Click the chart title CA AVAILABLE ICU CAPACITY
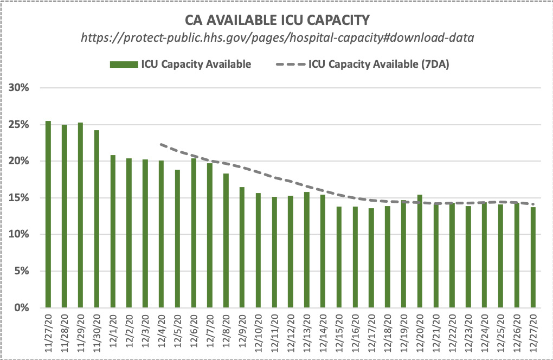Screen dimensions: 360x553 pyautogui.click(x=276, y=21)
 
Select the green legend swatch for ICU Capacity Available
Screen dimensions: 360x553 pyautogui.click(x=124, y=65)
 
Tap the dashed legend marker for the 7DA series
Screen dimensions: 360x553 pyautogui.click(x=290, y=65)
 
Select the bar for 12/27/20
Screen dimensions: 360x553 pyautogui.click(x=532, y=257)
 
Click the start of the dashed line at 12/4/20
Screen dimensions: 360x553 pyautogui.click(x=161, y=144)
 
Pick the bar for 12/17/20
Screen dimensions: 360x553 pyautogui.click(x=371, y=258)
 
